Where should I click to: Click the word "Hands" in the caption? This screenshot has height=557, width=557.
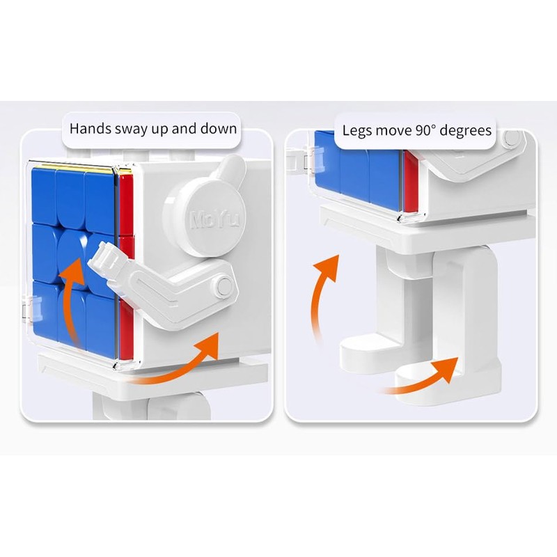(89, 129)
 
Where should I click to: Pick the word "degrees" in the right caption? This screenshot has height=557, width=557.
(467, 131)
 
